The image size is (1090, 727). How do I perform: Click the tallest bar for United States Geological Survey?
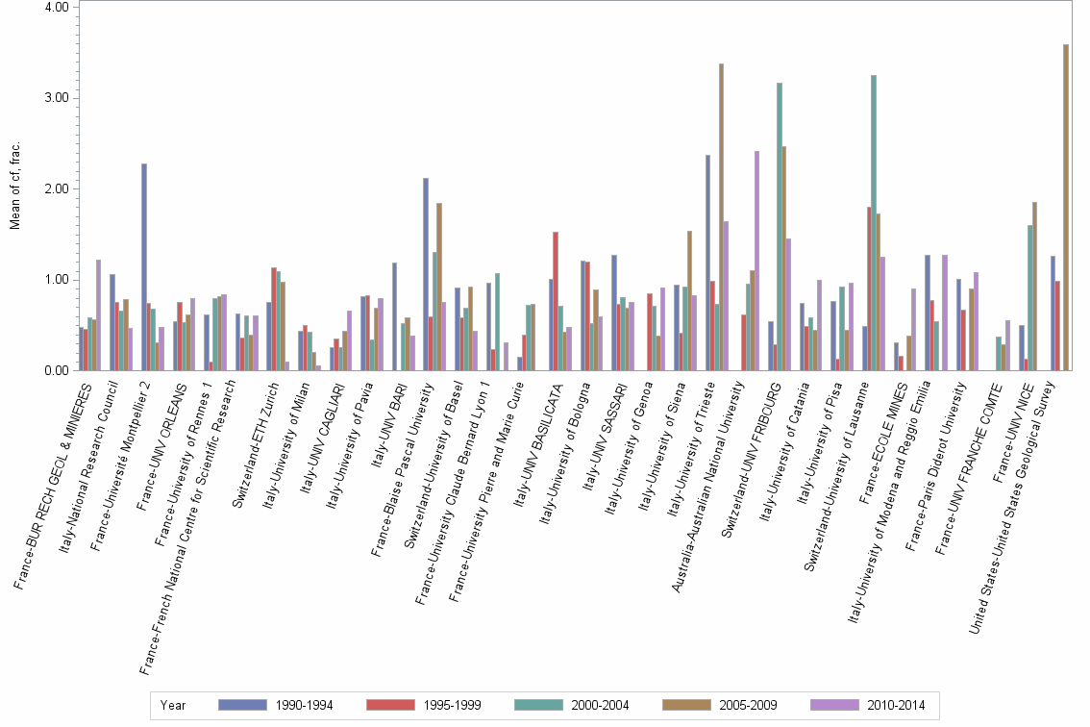(1066, 207)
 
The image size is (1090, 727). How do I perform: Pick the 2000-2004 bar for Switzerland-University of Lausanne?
(873, 222)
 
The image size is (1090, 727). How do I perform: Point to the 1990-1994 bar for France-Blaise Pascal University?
(426, 274)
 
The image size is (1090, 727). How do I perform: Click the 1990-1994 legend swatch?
(243, 705)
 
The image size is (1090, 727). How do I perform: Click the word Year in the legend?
(174, 705)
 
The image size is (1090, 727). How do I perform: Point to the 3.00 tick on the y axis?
(57, 98)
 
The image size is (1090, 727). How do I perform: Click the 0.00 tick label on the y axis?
(57, 370)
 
